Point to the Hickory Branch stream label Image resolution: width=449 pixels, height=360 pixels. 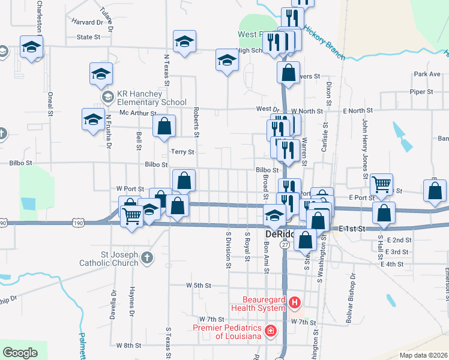pos(324,41)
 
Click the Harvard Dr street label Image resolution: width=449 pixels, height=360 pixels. pos(88,22)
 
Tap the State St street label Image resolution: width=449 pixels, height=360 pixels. pos(88,37)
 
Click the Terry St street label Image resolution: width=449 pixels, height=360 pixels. pos(182,152)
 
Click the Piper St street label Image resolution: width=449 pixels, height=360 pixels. pos(421,92)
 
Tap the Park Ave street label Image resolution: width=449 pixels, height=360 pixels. pos(427,74)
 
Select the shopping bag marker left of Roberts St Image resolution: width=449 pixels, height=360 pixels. pos(164,126)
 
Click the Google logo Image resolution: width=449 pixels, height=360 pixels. pos(20,353)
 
